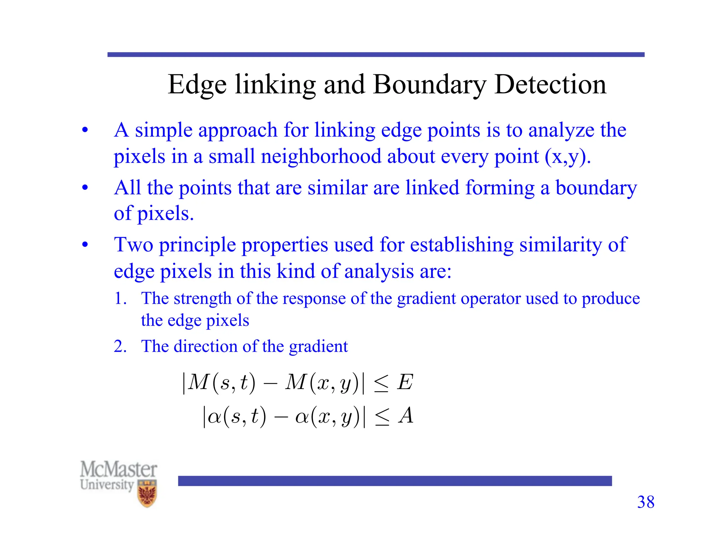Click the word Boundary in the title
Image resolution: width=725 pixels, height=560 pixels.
[x=429, y=85]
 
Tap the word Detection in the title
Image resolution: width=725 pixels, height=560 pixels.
[x=550, y=85]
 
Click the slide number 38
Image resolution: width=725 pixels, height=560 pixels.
[x=646, y=502]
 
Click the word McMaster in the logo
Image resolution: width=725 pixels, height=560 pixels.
[x=119, y=469]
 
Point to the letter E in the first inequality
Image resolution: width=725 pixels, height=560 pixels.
[x=405, y=382]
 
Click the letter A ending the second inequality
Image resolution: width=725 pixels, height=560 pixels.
[x=406, y=416]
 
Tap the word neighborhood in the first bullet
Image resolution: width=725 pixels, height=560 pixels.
[x=321, y=156]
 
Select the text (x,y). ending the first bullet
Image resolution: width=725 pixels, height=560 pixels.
[x=568, y=156]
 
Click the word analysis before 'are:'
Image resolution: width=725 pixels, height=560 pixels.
[x=379, y=272]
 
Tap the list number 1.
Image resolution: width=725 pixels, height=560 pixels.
[x=120, y=298]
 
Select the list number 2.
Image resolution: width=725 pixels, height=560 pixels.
[x=120, y=346]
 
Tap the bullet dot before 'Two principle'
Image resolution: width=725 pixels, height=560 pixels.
[x=85, y=245]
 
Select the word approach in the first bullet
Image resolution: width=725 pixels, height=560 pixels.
[x=238, y=130]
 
